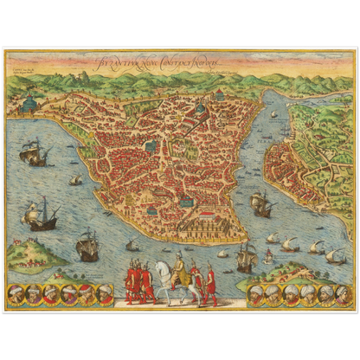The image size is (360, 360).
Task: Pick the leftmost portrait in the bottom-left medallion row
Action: [x=16, y=294]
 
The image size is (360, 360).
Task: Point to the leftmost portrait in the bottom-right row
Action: [x=257, y=294]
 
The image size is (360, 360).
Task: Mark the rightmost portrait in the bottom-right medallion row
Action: [x=344, y=294]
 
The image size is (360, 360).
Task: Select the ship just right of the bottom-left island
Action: [x=87, y=248]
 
